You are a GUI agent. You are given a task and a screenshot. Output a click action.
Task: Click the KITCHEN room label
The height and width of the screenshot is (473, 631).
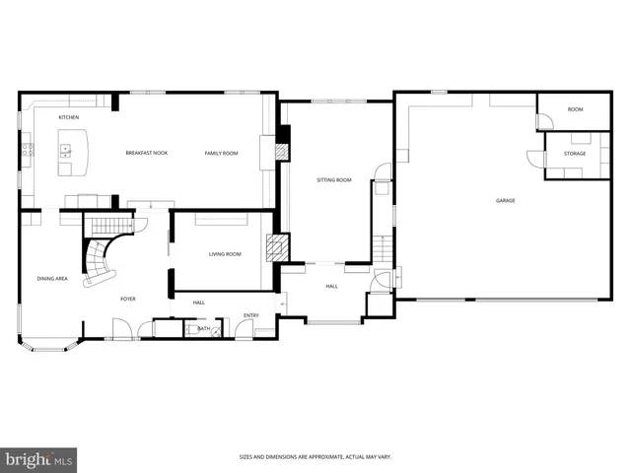[68, 117]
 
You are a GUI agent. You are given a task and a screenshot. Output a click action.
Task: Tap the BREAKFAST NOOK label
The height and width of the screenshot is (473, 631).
[146, 153]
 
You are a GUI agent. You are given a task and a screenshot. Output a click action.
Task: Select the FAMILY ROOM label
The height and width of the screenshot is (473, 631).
[221, 153]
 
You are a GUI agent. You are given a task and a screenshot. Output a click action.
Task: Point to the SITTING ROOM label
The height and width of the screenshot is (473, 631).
[334, 180]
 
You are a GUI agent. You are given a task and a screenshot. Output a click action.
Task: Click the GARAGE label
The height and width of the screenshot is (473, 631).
[506, 200]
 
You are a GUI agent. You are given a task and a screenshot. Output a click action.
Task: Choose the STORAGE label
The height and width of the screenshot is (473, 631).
[575, 154]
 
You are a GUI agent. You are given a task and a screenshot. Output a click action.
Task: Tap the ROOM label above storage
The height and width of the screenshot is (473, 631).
[575, 109]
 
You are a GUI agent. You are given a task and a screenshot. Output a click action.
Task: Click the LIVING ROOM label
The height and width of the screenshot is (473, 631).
[225, 254]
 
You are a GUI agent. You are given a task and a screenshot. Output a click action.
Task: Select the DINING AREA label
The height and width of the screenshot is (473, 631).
[52, 279]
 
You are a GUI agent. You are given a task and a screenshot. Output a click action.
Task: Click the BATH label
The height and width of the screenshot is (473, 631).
[203, 328]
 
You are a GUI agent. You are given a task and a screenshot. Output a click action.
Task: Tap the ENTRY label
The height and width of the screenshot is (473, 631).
[251, 316]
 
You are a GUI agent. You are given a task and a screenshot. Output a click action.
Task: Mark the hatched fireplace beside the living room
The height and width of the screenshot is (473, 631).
[280, 247]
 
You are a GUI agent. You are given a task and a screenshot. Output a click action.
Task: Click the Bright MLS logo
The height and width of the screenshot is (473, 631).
[39, 459]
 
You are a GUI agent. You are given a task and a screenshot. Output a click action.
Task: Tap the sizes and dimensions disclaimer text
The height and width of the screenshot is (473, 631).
[315, 456]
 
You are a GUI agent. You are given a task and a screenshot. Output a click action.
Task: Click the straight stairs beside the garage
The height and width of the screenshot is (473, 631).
[383, 245]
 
